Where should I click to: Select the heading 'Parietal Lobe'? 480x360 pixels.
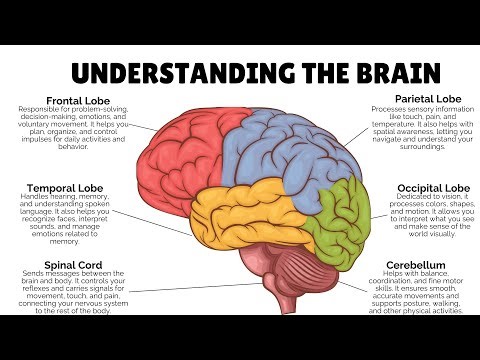428,99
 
